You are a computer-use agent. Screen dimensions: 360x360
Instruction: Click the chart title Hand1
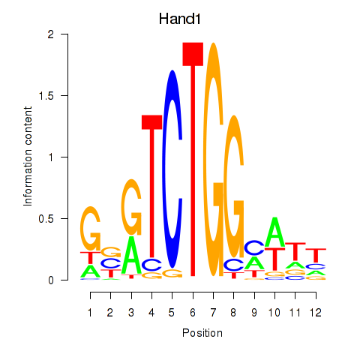tap(180, 19)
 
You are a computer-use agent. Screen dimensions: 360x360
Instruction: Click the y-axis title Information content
tap(28, 156)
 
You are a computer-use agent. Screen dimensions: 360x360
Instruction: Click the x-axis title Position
tap(202, 333)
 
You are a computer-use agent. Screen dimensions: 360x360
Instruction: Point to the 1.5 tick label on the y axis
tap(46, 95)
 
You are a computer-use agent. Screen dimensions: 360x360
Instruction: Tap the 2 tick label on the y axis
tap(51, 34)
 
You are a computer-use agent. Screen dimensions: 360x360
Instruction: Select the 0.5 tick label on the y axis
tap(46, 219)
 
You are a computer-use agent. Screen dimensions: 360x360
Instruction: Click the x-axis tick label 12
tap(316, 313)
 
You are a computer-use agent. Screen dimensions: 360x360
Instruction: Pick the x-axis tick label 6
tap(193, 313)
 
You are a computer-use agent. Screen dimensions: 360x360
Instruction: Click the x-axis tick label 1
tap(90, 313)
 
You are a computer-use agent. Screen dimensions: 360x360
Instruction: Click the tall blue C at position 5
tap(172, 169)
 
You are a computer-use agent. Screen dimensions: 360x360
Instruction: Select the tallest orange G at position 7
tap(213, 159)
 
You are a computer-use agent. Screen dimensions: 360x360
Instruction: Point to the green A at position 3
tap(131, 255)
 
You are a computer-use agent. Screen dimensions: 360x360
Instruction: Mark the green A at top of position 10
tap(274, 232)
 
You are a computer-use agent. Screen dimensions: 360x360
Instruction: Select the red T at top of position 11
tap(295, 251)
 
